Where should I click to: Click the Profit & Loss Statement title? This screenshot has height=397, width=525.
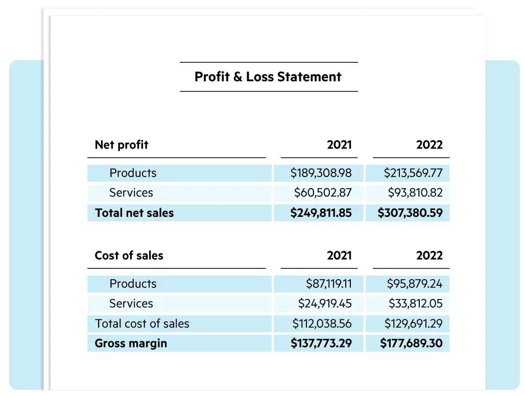268,77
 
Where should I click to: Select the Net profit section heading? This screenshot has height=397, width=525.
122,145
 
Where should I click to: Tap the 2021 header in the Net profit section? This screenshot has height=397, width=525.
339,145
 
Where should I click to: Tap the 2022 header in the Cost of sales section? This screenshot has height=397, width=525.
429,256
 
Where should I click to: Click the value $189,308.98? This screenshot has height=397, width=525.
321,173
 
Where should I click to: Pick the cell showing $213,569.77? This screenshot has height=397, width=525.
413,173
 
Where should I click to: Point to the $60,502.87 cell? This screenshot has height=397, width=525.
323,193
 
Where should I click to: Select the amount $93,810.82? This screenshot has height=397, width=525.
415,193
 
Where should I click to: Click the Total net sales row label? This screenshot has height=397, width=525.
134,213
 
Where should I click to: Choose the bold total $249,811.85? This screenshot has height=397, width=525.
321,213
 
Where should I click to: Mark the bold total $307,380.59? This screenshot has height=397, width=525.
410,213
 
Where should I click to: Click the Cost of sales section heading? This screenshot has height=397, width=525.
129,256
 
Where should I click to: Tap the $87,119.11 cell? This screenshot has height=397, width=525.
329,284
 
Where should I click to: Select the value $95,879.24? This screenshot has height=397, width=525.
415,284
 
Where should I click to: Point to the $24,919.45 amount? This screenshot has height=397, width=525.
325,304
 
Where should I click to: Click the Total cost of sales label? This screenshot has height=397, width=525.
142,324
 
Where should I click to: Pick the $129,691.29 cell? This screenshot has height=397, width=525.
413,324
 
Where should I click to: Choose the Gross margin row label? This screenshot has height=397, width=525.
131,343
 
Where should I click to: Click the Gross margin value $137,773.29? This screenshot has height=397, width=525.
321,343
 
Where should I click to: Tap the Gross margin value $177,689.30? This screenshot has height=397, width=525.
411,343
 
